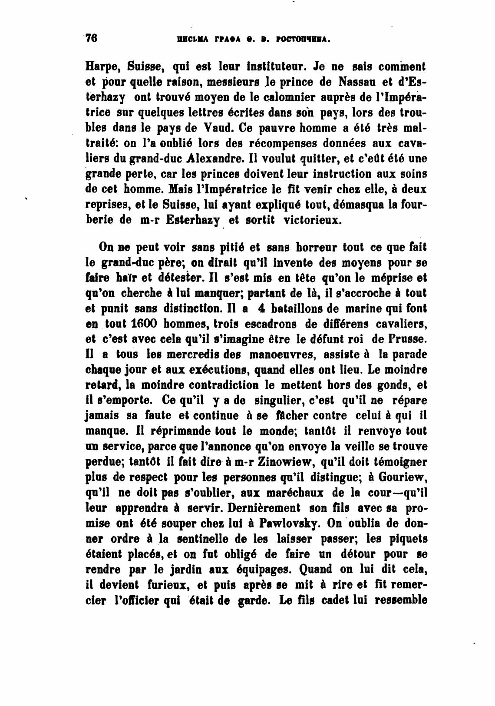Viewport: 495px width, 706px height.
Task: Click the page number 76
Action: pos(91,38)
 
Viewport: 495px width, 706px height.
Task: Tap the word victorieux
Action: pos(313,220)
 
